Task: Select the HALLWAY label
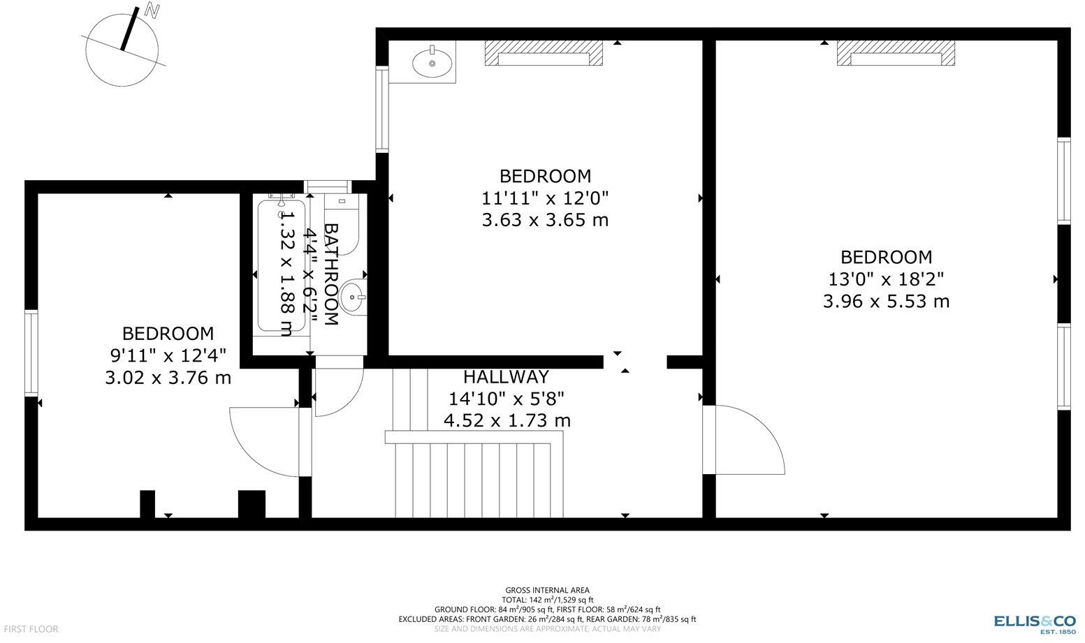point(507,377)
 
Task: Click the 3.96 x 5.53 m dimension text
point(886,302)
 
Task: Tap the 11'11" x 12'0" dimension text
point(545,198)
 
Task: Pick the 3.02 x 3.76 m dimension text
point(168,378)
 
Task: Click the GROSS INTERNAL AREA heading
point(547,590)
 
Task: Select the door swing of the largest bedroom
point(748,440)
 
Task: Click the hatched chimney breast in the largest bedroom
point(896,53)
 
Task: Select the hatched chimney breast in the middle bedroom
point(544,53)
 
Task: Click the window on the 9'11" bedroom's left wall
point(31,353)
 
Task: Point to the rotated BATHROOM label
point(331,274)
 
